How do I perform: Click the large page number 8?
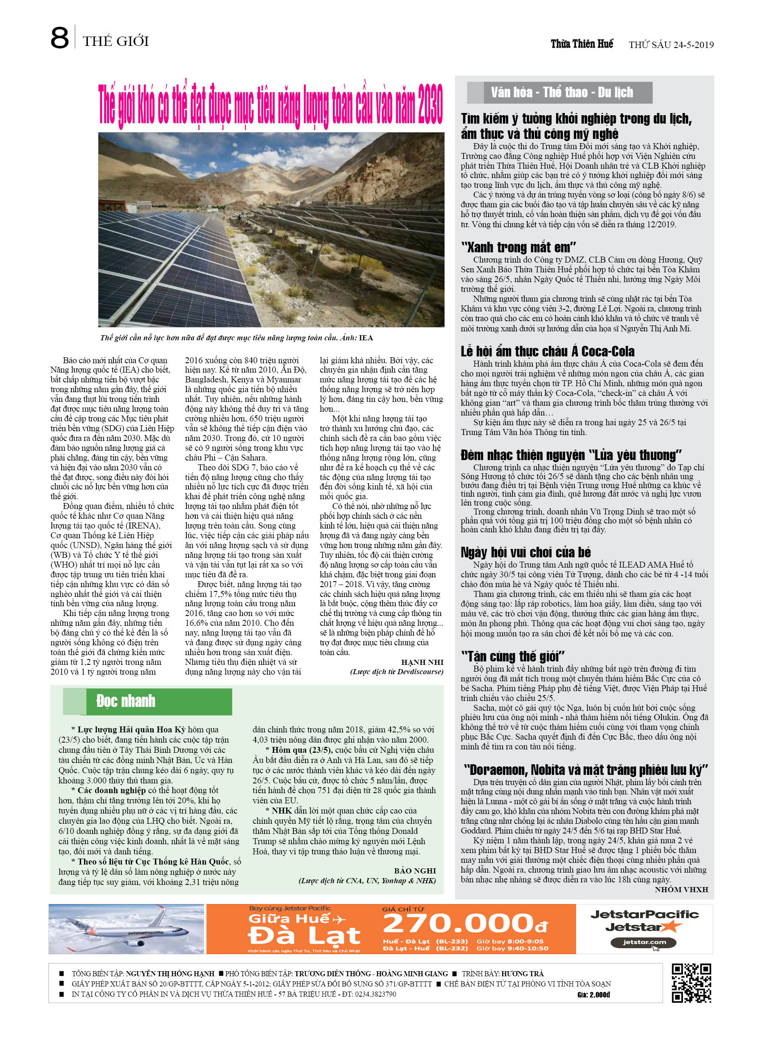point(60,39)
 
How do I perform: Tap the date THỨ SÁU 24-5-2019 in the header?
point(671,45)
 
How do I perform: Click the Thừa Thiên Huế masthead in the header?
point(582,44)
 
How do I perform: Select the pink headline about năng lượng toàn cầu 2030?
point(271,105)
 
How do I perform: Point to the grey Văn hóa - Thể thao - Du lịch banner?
point(561,93)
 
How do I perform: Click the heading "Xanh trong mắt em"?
point(518,247)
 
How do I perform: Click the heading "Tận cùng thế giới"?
point(512,656)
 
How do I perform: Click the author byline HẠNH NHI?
point(422,662)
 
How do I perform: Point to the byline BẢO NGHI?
point(415,870)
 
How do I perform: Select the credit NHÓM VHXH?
point(681,889)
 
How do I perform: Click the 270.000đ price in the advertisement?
point(464,924)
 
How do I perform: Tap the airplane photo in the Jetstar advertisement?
point(127,929)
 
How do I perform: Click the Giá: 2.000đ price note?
point(593,995)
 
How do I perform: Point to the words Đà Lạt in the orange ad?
point(304,935)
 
